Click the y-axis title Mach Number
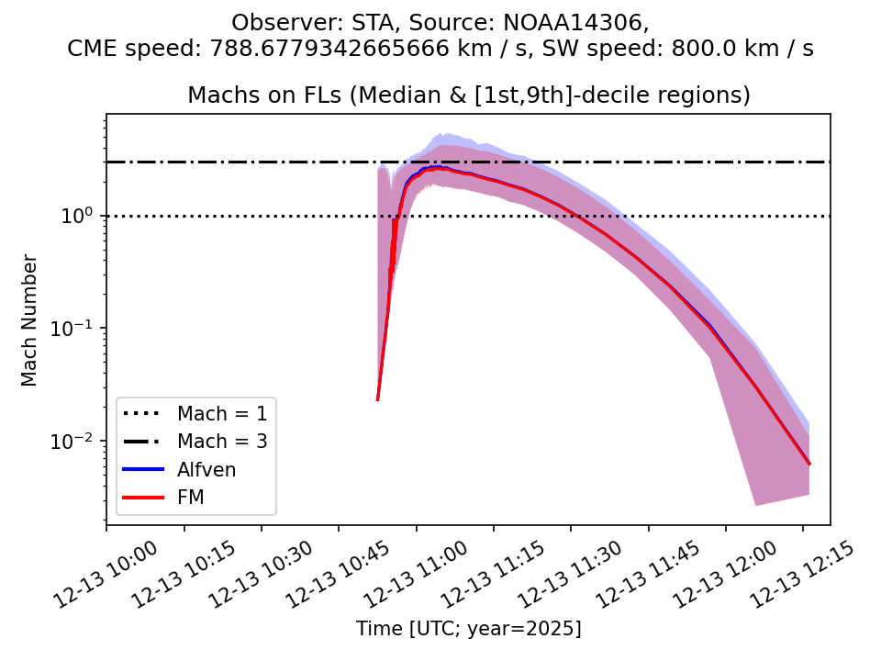point(30,320)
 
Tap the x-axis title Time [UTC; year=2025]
point(469,629)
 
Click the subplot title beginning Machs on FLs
point(469,95)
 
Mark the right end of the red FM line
point(809,464)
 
